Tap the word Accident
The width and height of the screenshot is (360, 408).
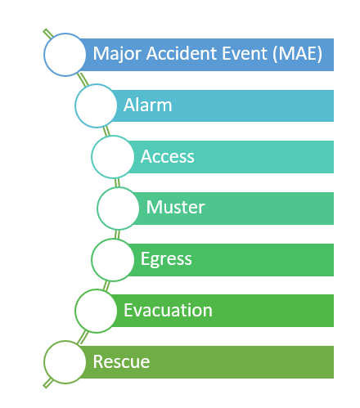182,53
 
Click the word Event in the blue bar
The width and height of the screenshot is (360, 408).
245,53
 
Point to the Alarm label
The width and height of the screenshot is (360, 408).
148,105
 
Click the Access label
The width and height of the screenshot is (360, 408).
168,156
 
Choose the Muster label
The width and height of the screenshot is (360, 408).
175,207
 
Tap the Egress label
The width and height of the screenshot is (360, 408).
166,259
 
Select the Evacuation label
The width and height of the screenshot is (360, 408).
168,310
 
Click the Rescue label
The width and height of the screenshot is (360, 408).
121,361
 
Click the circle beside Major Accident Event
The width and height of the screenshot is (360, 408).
44,55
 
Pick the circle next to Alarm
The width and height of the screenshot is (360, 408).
75,105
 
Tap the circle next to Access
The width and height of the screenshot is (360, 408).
92,157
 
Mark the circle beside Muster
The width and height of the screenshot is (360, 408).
97,208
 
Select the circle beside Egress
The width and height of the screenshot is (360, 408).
92,259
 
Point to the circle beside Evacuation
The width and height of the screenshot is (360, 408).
75,311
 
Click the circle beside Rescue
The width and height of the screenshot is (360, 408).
44,362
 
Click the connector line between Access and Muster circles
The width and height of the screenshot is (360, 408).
117,182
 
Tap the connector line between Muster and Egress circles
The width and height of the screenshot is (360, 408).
117,234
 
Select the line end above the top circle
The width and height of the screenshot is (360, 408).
45,30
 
